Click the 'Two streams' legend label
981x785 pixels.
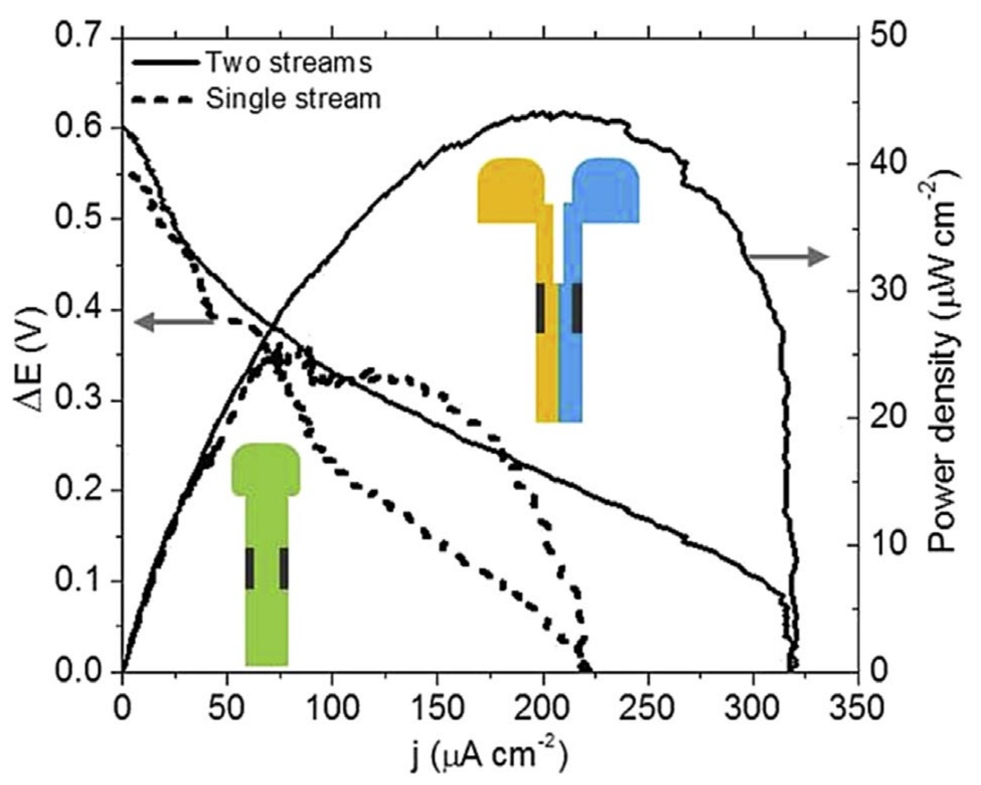point(289,62)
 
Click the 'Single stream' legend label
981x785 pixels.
point(293,99)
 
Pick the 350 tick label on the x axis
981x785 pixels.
point(857,708)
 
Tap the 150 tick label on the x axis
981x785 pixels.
point(437,708)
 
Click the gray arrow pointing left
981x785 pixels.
point(173,322)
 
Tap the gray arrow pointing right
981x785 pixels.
point(787,257)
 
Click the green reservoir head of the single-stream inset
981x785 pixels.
point(266,469)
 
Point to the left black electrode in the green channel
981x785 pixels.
point(250,569)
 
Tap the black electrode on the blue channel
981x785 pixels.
point(577,308)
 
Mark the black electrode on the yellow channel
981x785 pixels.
point(540,308)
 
